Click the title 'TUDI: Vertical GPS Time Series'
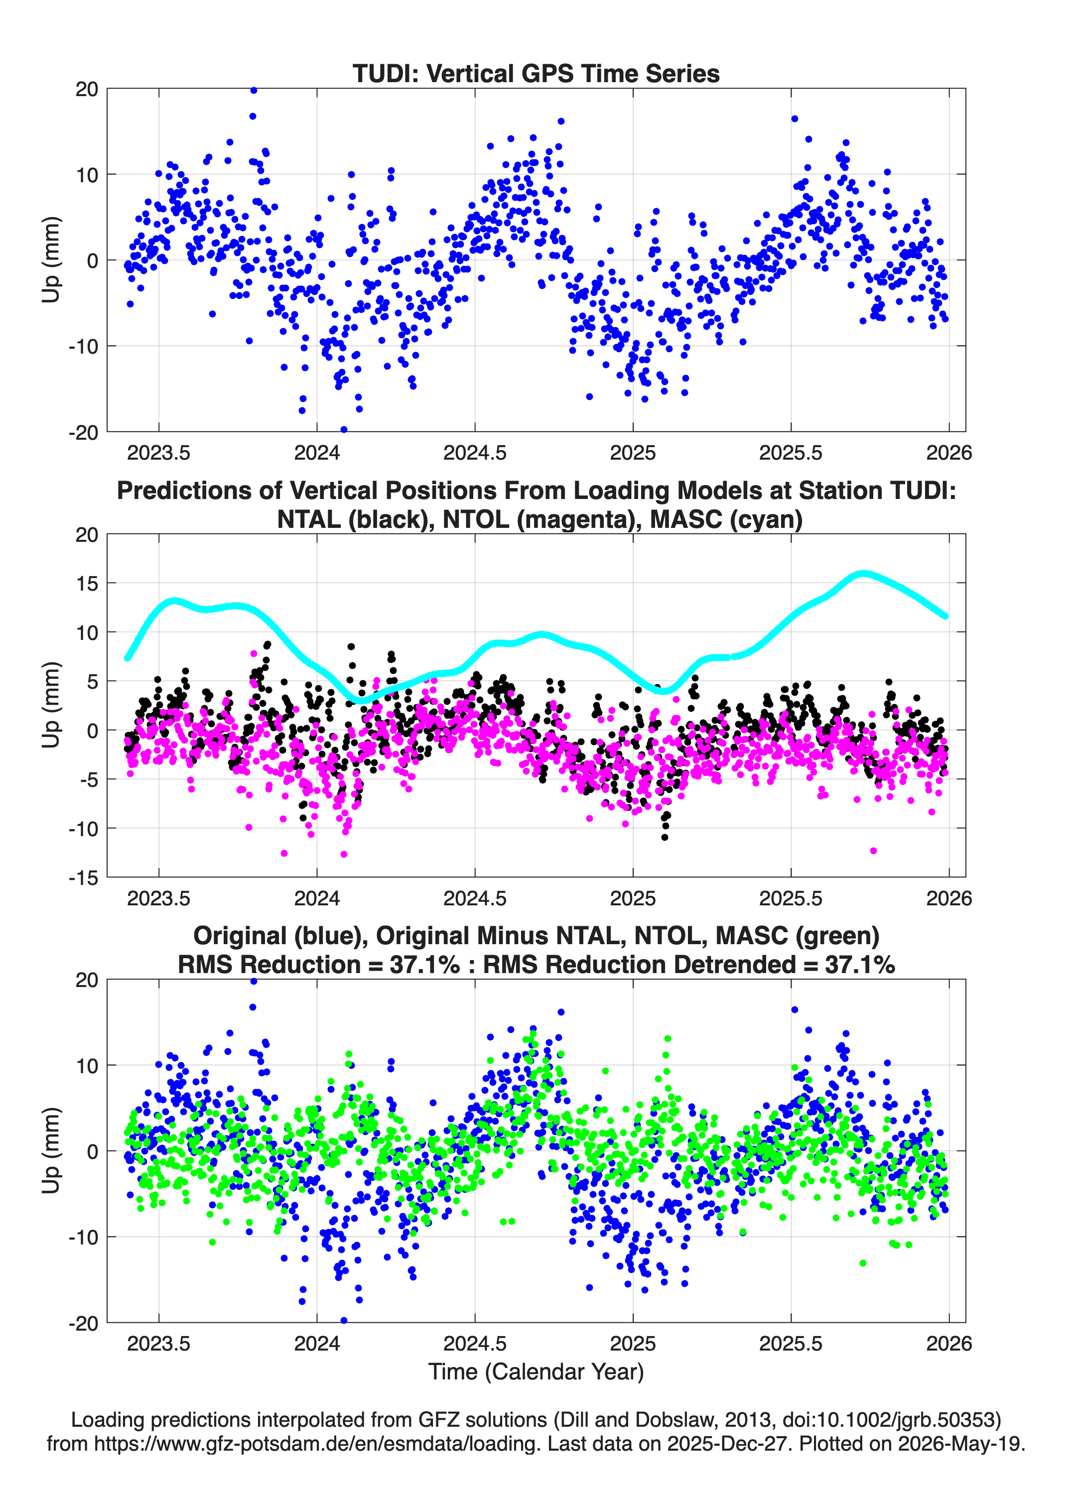point(536,73)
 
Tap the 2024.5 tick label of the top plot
point(475,453)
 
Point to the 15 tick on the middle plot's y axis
point(87,583)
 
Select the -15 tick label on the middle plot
point(83,877)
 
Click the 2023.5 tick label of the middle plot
point(158,898)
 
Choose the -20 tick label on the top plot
point(83,432)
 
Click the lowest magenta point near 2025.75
point(873,851)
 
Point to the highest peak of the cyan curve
point(864,574)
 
